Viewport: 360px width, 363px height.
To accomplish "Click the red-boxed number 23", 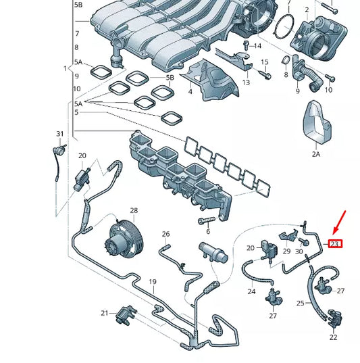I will point(335,243).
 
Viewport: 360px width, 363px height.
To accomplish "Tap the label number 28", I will point(134,211).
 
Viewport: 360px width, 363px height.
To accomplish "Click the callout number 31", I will point(59,134).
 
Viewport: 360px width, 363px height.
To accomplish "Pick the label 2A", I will point(317,154).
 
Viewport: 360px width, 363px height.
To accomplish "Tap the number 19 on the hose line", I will point(153,281).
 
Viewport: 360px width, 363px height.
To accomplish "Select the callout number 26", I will point(165,234).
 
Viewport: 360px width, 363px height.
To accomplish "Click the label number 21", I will point(105,313).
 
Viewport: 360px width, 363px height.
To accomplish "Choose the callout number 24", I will point(251,292).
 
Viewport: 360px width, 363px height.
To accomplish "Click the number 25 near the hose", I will point(301,304).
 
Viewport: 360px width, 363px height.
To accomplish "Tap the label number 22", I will point(333,337).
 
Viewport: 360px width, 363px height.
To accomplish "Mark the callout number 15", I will point(265,62).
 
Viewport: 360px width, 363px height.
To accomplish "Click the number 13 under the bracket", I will point(246,82).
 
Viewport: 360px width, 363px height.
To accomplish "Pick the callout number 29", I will point(286,251).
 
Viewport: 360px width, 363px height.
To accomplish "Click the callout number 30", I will point(299,251).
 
